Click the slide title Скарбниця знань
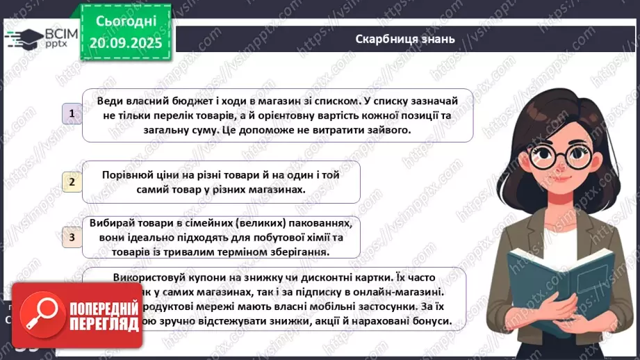(x=404, y=39)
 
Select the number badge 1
(x=72, y=113)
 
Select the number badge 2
(x=72, y=182)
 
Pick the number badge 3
(x=72, y=238)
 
